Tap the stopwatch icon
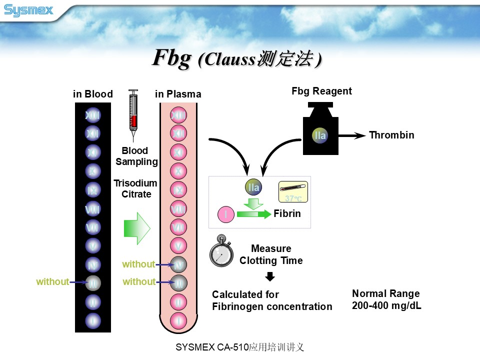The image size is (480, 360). click(220, 250)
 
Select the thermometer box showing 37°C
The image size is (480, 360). click(293, 191)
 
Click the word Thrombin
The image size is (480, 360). click(391, 135)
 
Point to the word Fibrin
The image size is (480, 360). click(287, 214)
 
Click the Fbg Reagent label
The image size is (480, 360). click(321, 91)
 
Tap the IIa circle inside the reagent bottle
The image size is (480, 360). click(320, 135)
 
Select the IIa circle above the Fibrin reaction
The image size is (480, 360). click(253, 187)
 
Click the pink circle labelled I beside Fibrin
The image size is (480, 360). click(226, 214)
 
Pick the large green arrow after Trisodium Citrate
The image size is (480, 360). click(136, 228)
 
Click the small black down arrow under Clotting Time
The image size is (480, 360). click(270, 276)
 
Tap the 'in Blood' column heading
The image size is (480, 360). click(93, 94)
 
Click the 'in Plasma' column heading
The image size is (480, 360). click(178, 94)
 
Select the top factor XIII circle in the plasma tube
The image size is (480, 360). click(178, 115)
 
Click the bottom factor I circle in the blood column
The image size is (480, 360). click(93, 319)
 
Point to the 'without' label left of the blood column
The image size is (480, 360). click(52, 282)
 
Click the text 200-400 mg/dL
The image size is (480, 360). click(386, 305)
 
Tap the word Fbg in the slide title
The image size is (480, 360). click(171, 58)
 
